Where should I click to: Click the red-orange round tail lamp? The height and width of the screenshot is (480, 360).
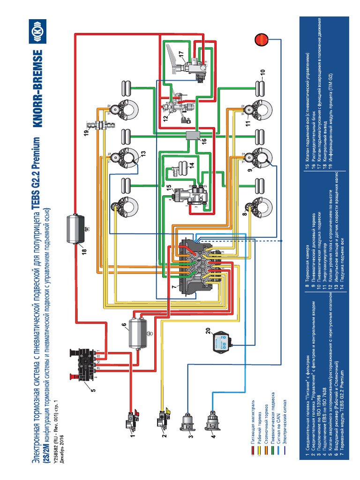262,40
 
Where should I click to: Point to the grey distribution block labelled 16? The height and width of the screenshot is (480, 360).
193,136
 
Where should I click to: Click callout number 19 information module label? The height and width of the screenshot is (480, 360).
86,133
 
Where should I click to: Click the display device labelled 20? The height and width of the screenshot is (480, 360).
220,343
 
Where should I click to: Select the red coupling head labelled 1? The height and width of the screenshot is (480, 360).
130,419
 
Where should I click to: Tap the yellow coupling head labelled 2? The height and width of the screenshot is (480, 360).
163,417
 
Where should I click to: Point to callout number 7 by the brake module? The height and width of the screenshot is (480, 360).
173,286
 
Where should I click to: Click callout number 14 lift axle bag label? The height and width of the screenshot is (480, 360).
191,165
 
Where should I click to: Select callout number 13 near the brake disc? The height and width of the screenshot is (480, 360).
142,153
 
